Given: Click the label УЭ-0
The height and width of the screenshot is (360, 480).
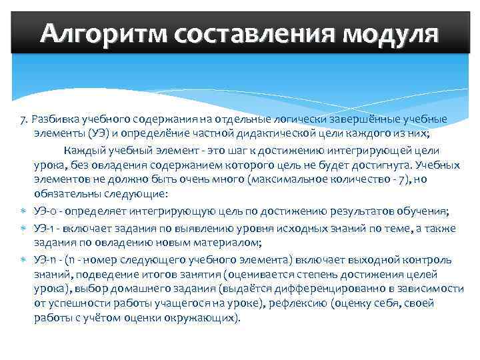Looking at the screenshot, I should (x=45, y=211).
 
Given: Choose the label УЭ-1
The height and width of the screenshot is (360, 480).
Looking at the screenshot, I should (x=44, y=229).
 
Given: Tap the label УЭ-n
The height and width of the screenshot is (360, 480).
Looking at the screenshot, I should (x=45, y=259).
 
